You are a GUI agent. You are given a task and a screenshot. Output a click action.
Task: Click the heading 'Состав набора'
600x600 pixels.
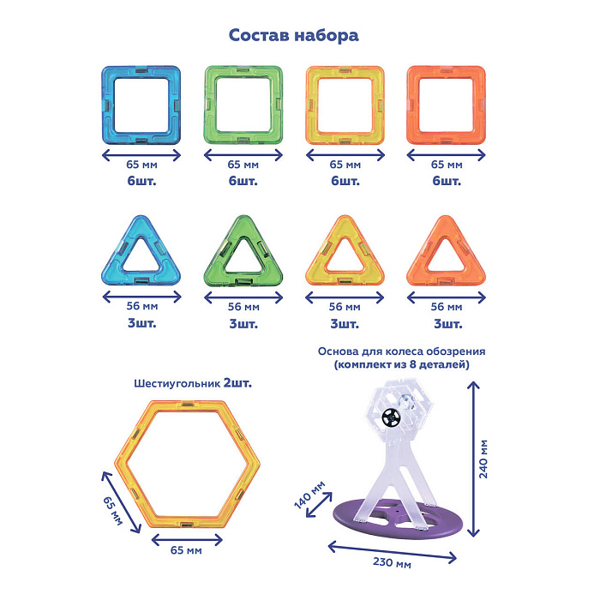click(293, 36)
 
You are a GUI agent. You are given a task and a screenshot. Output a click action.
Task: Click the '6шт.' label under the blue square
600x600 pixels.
click(142, 182)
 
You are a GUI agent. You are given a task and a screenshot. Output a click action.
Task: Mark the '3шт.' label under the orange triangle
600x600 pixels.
click(446, 324)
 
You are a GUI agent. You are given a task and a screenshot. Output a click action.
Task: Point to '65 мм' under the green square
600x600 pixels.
click(243, 163)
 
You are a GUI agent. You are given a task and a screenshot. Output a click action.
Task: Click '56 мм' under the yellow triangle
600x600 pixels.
click(345, 306)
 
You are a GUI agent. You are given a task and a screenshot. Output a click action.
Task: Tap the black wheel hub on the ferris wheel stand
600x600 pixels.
click(392, 417)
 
